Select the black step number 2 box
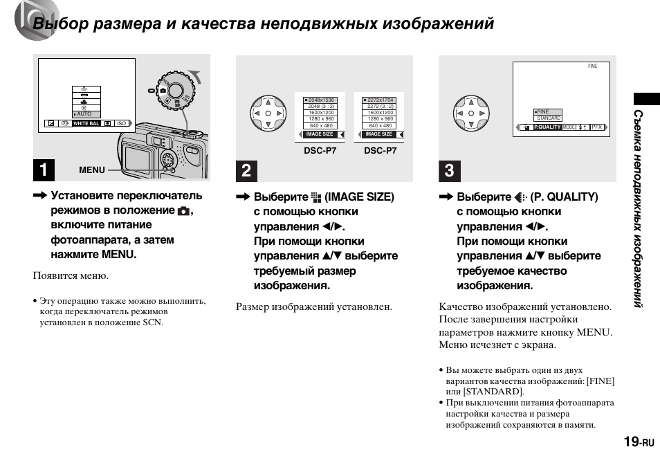pos(247,170)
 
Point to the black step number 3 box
pos(450,170)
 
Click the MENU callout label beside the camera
pos(92,170)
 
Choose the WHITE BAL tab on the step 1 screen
pos(86,123)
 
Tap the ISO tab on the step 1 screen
pos(122,123)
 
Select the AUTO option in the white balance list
pos(85,113)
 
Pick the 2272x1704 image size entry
pos(380,100)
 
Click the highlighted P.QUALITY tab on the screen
pos(547,127)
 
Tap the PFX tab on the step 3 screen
pos(597,127)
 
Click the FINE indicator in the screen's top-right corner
pos(592,66)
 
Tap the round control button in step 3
pos(470,113)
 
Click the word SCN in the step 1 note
pos(153,322)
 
